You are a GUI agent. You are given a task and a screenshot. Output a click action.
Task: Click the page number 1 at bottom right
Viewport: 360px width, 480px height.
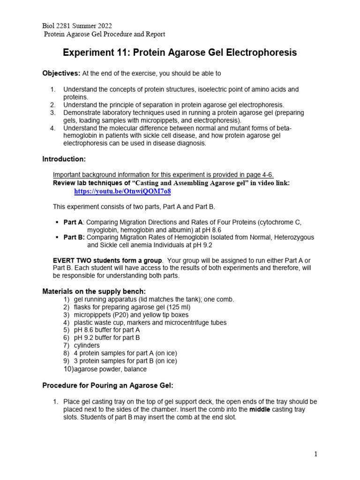pos(316,454)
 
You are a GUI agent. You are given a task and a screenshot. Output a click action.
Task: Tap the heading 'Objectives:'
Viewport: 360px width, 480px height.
pos(61,74)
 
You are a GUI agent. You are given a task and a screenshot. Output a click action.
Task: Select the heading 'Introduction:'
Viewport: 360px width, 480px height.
pos(64,159)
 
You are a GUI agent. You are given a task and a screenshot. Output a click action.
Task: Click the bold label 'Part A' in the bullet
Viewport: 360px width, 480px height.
pos(73,222)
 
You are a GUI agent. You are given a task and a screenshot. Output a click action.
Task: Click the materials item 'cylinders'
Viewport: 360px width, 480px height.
pos(87,345)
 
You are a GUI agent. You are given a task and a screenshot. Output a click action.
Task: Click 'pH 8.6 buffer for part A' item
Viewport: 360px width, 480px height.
pos(107,330)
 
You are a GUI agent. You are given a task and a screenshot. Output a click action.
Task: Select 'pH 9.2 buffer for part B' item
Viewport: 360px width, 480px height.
pos(107,337)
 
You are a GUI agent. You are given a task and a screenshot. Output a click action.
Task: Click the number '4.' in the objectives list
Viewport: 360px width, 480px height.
pos(53,128)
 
